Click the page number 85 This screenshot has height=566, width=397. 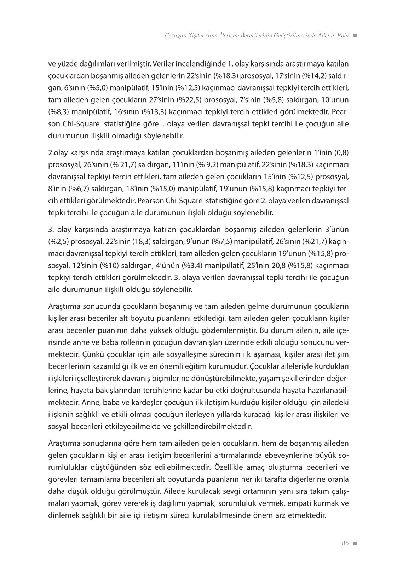(x=345, y=543)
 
